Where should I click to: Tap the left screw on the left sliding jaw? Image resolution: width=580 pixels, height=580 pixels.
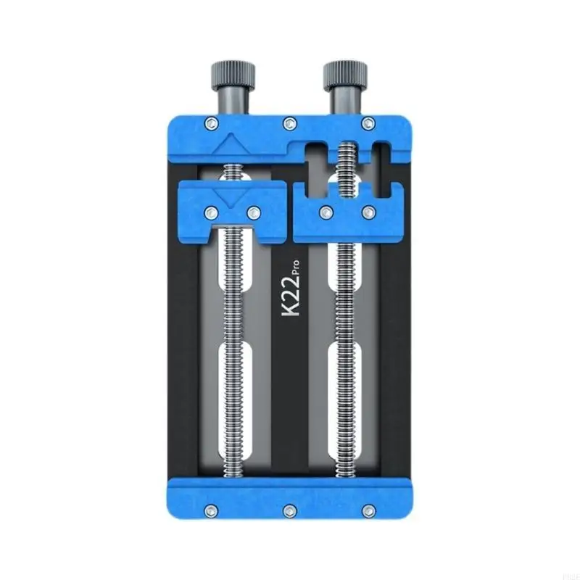click(x=211, y=212)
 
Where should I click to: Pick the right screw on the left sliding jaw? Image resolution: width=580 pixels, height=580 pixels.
click(x=254, y=212)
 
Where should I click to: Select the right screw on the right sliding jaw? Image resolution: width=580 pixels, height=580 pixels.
click(x=369, y=212)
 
